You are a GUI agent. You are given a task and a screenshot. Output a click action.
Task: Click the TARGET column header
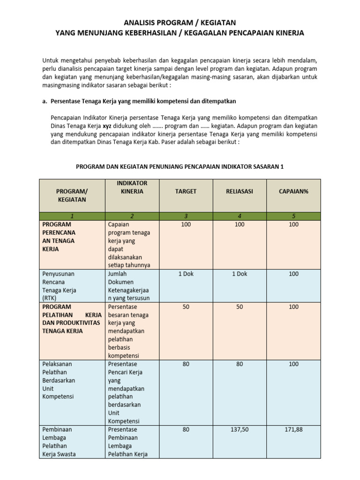pos(186,191)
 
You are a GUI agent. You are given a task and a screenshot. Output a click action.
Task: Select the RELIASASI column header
pos(240,191)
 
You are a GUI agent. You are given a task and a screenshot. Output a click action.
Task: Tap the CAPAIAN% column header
pos(293,191)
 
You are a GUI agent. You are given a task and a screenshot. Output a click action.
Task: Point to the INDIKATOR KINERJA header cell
pos(132,187)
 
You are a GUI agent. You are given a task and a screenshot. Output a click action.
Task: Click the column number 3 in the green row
pos(186,216)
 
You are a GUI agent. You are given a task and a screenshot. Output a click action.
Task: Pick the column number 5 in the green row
pos(293,216)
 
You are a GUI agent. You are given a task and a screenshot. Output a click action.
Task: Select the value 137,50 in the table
pos(240,429)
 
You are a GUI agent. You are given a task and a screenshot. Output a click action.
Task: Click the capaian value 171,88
pos(293,429)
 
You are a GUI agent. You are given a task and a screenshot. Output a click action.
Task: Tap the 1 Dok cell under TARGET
pos(186,274)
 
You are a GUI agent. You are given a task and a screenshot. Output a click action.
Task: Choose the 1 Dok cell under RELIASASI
pos(240,274)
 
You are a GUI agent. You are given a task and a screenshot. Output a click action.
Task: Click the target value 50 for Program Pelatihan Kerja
pos(186,307)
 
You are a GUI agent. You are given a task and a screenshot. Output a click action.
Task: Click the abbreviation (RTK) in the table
pos(51,298)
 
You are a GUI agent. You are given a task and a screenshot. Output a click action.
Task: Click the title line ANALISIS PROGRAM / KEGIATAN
pos(180,22)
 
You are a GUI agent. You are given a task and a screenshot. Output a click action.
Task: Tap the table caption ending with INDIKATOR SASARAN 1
pos(180,166)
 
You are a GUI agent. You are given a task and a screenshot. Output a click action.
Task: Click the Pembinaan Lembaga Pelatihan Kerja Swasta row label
pos(59,442)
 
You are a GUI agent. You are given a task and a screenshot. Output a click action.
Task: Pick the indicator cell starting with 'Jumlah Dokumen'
pos(128,286)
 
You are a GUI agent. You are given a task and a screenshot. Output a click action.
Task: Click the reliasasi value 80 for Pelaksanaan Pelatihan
pos(240,364)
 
